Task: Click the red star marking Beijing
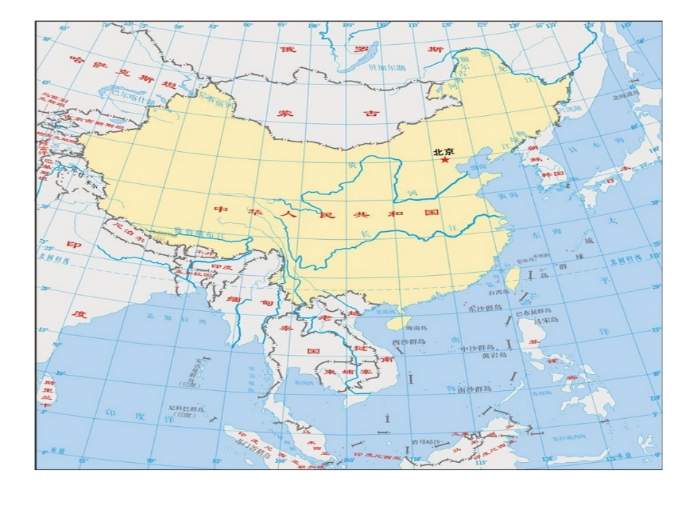(444, 161)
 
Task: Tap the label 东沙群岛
(482, 309)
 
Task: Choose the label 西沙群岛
(409, 342)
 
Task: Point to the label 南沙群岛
(474, 389)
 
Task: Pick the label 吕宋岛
(545, 321)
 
